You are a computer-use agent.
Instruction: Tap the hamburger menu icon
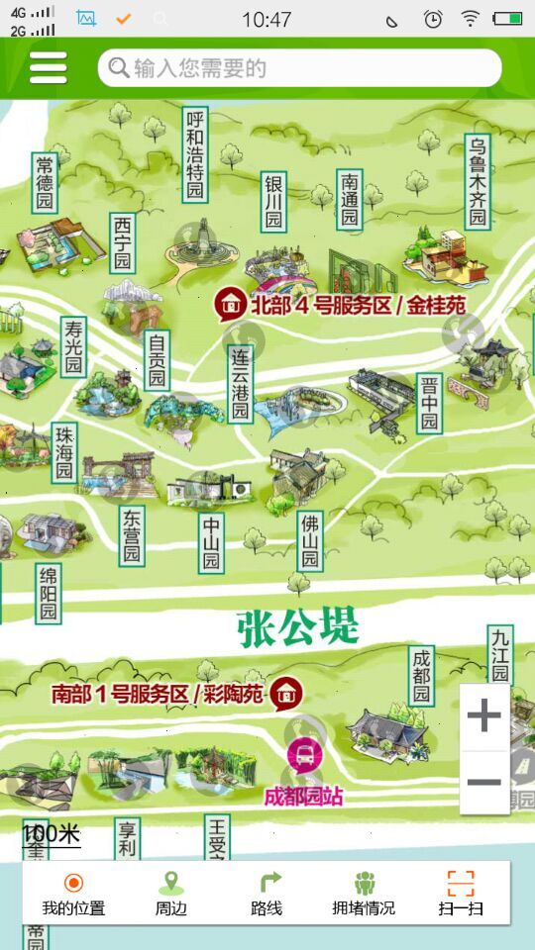pyautogui.click(x=48, y=67)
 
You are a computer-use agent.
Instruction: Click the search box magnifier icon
pyautogui.click(x=119, y=67)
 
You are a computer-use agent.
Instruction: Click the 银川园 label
pyautogui.click(x=273, y=202)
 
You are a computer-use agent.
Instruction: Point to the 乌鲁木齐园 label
pyautogui.click(x=479, y=182)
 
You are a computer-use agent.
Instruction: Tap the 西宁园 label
pyautogui.click(x=122, y=242)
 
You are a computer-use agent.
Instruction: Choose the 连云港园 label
pyautogui.click(x=240, y=384)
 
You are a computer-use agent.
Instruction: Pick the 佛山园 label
pyautogui.click(x=310, y=541)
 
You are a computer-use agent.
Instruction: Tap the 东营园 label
pyautogui.click(x=132, y=535)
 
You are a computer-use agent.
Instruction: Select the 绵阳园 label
pyautogui.click(x=48, y=594)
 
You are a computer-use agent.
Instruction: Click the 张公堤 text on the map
pyautogui.click(x=297, y=627)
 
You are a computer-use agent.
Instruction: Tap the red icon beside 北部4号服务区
pyautogui.click(x=230, y=304)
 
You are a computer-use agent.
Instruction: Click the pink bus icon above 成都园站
pyautogui.click(x=304, y=755)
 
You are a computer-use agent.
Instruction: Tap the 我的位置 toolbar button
pyautogui.click(x=73, y=894)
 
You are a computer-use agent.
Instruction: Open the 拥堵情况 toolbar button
pyautogui.click(x=364, y=894)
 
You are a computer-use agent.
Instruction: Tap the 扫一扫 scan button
pyautogui.click(x=461, y=894)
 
